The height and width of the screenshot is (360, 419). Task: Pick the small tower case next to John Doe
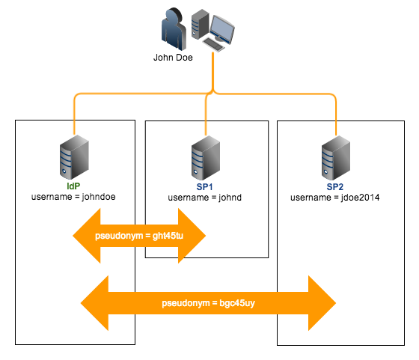pyautogui.click(x=199, y=24)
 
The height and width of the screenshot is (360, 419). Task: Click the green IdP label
pyautogui.click(x=73, y=186)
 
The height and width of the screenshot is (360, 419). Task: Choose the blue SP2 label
pyautogui.click(x=334, y=186)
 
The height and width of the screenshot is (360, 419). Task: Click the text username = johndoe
pyautogui.click(x=73, y=197)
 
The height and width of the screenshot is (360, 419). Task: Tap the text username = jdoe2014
pyautogui.click(x=334, y=197)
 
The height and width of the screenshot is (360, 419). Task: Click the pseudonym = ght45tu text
pyautogui.click(x=139, y=237)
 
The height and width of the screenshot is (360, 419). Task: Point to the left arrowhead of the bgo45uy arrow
pyautogui.click(x=94, y=304)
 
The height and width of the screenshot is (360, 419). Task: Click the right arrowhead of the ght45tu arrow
pyautogui.click(x=194, y=237)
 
